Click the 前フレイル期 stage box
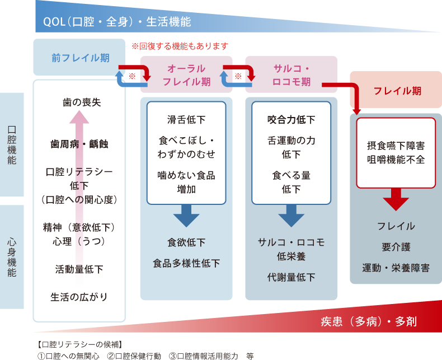(x=79, y=58)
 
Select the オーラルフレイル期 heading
(x=186, y=74)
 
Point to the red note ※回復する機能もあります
(x=180, y=46)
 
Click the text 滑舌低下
(x=186, y=119)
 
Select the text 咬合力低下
(x=291, y=119)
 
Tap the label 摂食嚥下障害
(x=397, y=146)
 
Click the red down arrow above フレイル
(x=396, y=199)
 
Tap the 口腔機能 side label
(x=12, y=144)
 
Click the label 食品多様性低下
(x=186, y=263)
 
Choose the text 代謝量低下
(x=291, y=277)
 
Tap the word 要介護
(x=396, y=247)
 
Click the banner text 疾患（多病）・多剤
(x=369, y=321)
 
